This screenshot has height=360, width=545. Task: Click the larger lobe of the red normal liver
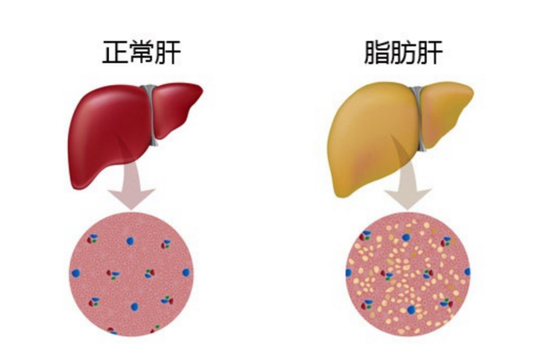(107, 131)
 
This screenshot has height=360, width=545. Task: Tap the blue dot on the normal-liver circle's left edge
(76, 273)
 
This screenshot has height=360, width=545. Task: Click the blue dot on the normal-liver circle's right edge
(186, 272)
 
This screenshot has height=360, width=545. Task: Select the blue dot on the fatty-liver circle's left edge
(349, 273)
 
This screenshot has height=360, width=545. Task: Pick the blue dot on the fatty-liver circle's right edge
(467, 271)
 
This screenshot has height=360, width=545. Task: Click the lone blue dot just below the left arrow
(130, 241)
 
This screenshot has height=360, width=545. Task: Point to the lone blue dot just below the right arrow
(406, 237)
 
